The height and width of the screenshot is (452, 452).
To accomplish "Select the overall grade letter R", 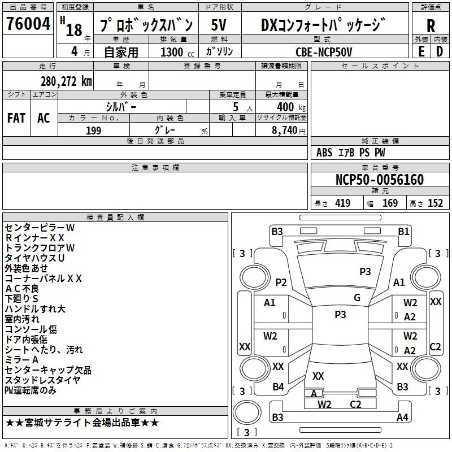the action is click(431, 25).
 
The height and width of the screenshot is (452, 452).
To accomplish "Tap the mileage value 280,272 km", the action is click(66, 81).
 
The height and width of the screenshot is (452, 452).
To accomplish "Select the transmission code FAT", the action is click(16, 118).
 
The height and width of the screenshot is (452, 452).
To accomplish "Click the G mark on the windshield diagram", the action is click(357, 298).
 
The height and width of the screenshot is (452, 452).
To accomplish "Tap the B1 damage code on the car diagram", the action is click(403, 231).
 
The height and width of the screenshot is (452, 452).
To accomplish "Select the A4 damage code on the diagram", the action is click(402, 418).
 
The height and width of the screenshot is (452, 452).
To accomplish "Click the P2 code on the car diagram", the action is click(281, 282).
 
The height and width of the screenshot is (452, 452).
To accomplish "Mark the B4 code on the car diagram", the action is click(278, 387).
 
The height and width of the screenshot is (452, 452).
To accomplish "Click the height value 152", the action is click(435, 203).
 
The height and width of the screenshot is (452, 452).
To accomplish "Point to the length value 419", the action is click(342, 203).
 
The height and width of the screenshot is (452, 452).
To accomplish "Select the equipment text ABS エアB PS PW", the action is click(351, 153).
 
